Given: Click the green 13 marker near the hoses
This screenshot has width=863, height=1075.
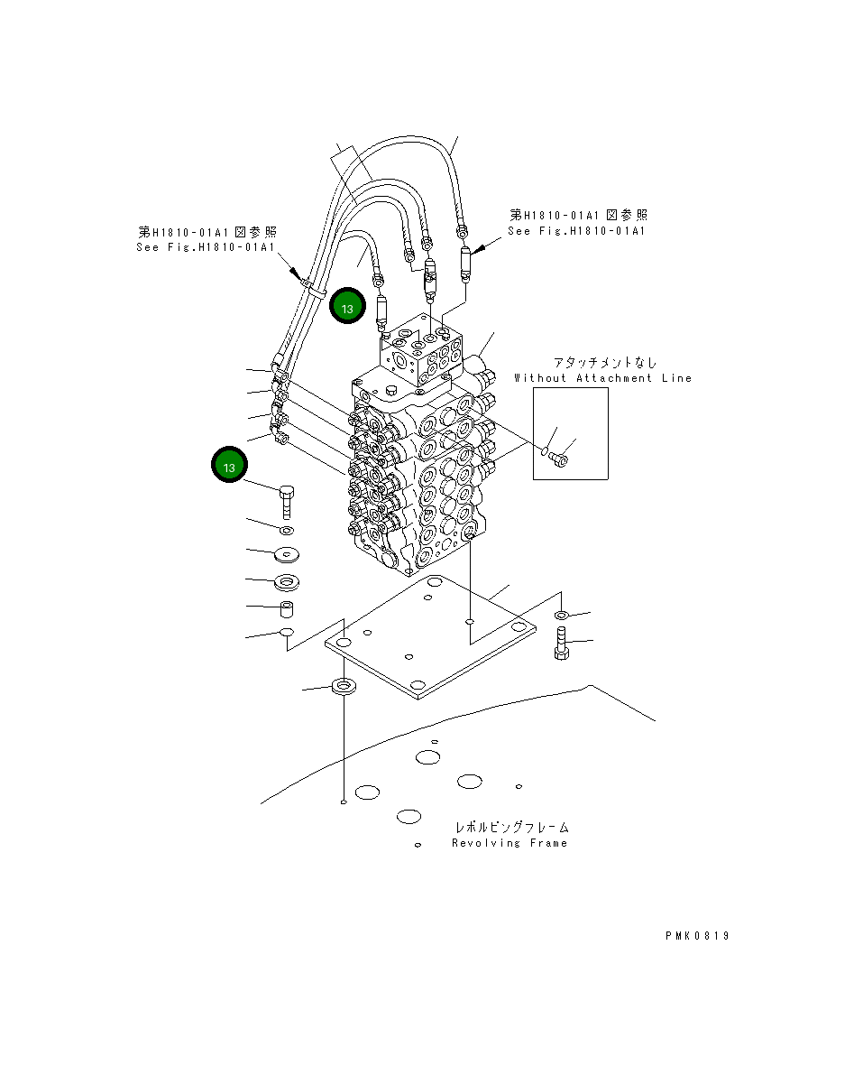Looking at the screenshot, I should click(x=347, y=307).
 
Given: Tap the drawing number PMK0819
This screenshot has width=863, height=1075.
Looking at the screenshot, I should click(x=697, y=936).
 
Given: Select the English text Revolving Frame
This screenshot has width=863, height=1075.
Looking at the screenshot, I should click(x=510, y=843).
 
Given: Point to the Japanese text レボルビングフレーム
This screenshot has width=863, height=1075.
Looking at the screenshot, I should click(x=511, y=827).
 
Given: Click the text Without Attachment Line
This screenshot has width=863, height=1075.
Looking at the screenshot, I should click(x=602, y=378).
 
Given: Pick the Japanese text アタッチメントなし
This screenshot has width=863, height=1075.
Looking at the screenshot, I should click(x=605, y=363).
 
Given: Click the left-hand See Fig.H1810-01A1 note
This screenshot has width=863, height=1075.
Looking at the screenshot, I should click(x=205, y=247).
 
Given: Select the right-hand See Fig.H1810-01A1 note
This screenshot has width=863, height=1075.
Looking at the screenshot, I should click(x=577, y=231).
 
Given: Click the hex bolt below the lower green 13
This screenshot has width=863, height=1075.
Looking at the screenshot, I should click(x=287, y=499).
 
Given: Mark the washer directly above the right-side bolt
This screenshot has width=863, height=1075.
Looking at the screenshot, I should click(x=561, y=616).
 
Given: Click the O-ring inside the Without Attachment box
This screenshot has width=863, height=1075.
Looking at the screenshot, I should click(x=546, y=451).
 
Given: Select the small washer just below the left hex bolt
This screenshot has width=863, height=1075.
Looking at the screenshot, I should click(x=287, y=530).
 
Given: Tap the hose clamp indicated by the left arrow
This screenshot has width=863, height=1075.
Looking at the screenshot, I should click(x=309, y=286).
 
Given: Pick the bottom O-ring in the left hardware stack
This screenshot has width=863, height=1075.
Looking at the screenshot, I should click(x=286, y=632).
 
